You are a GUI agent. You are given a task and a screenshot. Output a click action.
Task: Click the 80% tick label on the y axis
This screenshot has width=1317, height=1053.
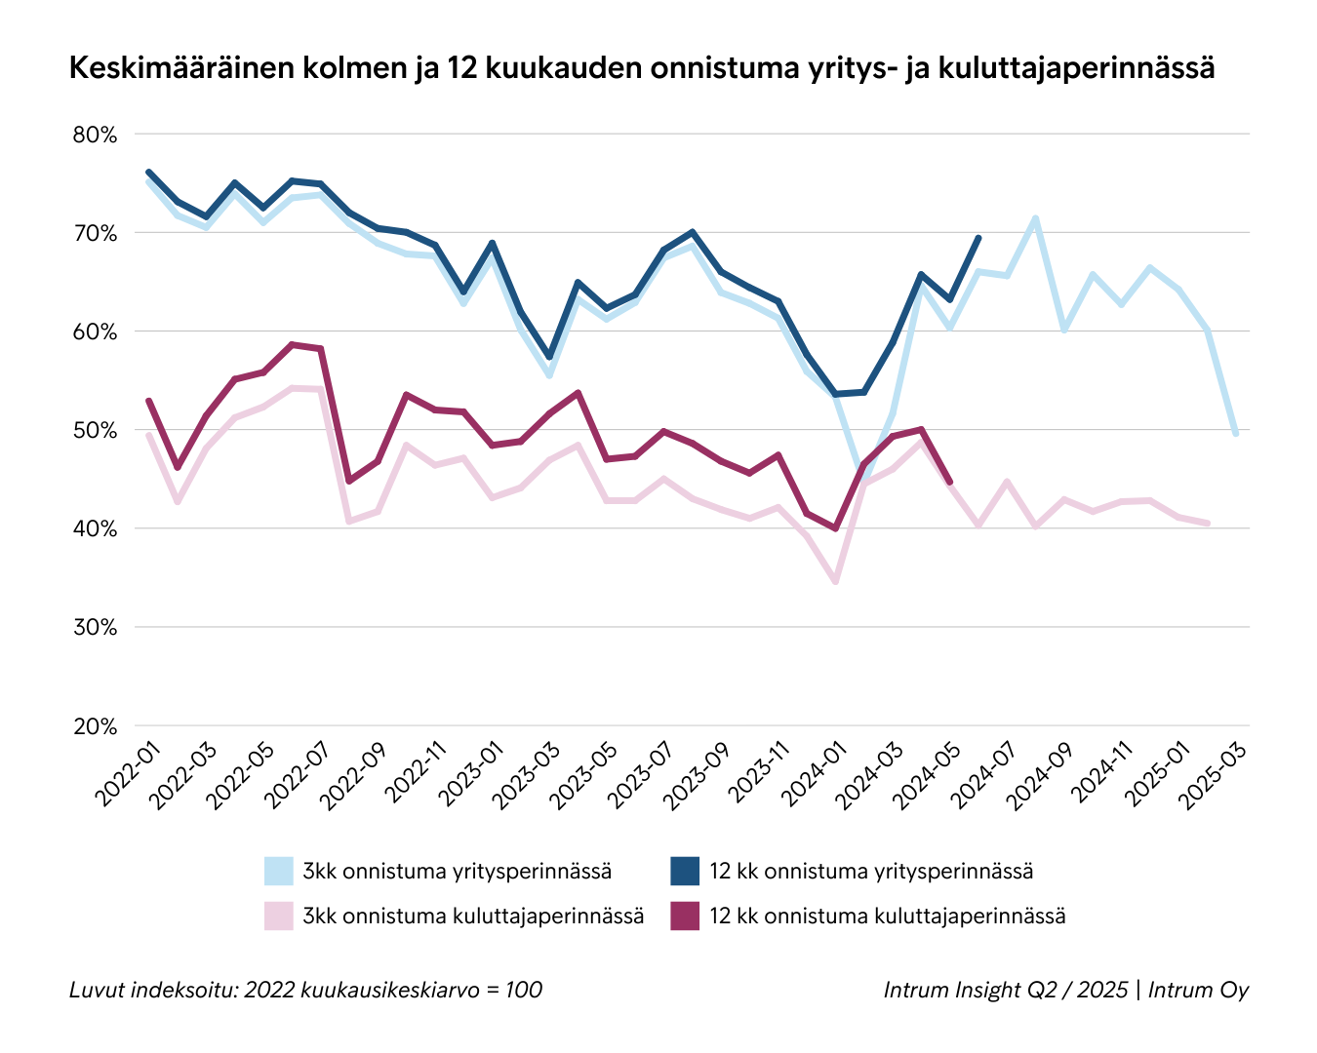point(95,135)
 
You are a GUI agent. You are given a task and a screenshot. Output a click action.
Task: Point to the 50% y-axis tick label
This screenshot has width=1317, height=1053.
point(95,430)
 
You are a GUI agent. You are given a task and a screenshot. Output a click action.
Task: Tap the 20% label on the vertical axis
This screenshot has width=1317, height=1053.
point(95,726)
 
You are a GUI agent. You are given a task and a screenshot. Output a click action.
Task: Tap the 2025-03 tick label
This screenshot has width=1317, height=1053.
point(1212,770)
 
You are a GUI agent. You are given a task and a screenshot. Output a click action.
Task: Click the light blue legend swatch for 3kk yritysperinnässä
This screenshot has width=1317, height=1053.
point(279,871)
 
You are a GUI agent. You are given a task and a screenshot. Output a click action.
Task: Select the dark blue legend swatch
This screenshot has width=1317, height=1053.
point(686,871)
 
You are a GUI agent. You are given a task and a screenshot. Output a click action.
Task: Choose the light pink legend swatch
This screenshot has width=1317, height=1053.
point(279,916)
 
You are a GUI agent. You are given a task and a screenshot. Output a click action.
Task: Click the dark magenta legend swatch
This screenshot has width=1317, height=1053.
point(686,916)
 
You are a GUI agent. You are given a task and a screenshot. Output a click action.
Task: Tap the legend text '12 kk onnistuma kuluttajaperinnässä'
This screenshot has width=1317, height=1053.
point(887,916)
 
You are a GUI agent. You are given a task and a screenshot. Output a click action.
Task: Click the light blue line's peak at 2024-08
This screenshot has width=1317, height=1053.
point(1035,218)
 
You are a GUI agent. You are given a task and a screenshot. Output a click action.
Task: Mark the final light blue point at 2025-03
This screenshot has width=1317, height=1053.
point(1236,434)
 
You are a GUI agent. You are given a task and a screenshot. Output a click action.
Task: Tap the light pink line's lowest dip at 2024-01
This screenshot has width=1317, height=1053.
point(835,582)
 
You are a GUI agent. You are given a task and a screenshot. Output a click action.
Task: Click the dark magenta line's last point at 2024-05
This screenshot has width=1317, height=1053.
point(950,482)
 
